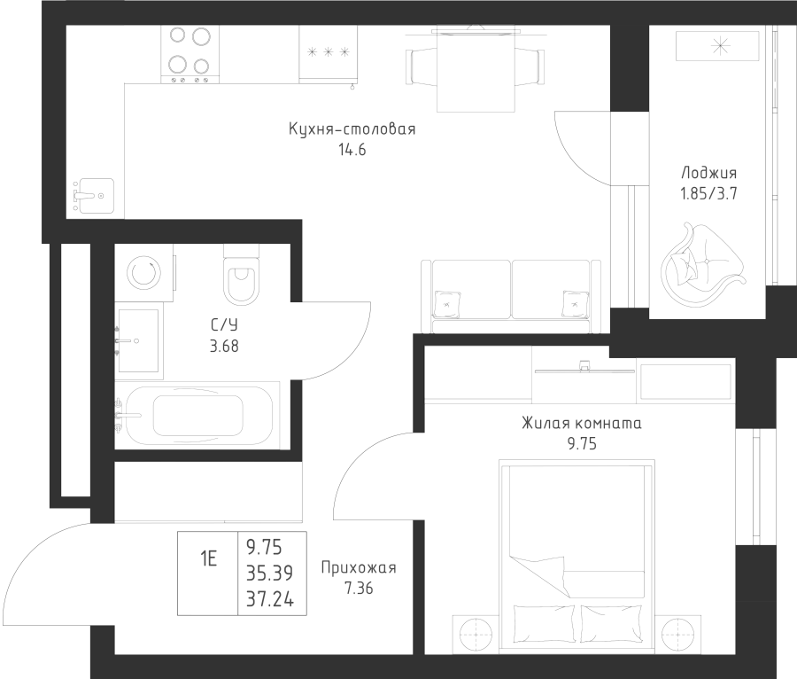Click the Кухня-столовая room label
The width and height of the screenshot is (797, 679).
tap(352, 129)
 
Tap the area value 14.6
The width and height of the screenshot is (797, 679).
tap(352, 150)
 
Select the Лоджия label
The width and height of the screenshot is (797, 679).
tap(708, 173)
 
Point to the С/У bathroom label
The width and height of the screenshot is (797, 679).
tap(224, 324)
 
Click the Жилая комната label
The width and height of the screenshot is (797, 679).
tap(582, 423)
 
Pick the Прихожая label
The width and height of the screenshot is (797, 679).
tap(359, 567)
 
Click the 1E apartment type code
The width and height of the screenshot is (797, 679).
tap(208, 559)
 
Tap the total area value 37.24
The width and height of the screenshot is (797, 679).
tap(270, 599)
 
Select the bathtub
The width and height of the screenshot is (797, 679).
tap(197, 415)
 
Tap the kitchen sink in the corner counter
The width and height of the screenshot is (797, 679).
tap(94, 196)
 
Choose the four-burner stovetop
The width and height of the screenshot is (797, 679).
tap(190, 54)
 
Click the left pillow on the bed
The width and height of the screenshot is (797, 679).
tap(545, 623)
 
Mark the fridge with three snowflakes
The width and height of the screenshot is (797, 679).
tap(329, 54)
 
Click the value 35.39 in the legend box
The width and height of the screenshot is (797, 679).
tap(270, 574)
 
